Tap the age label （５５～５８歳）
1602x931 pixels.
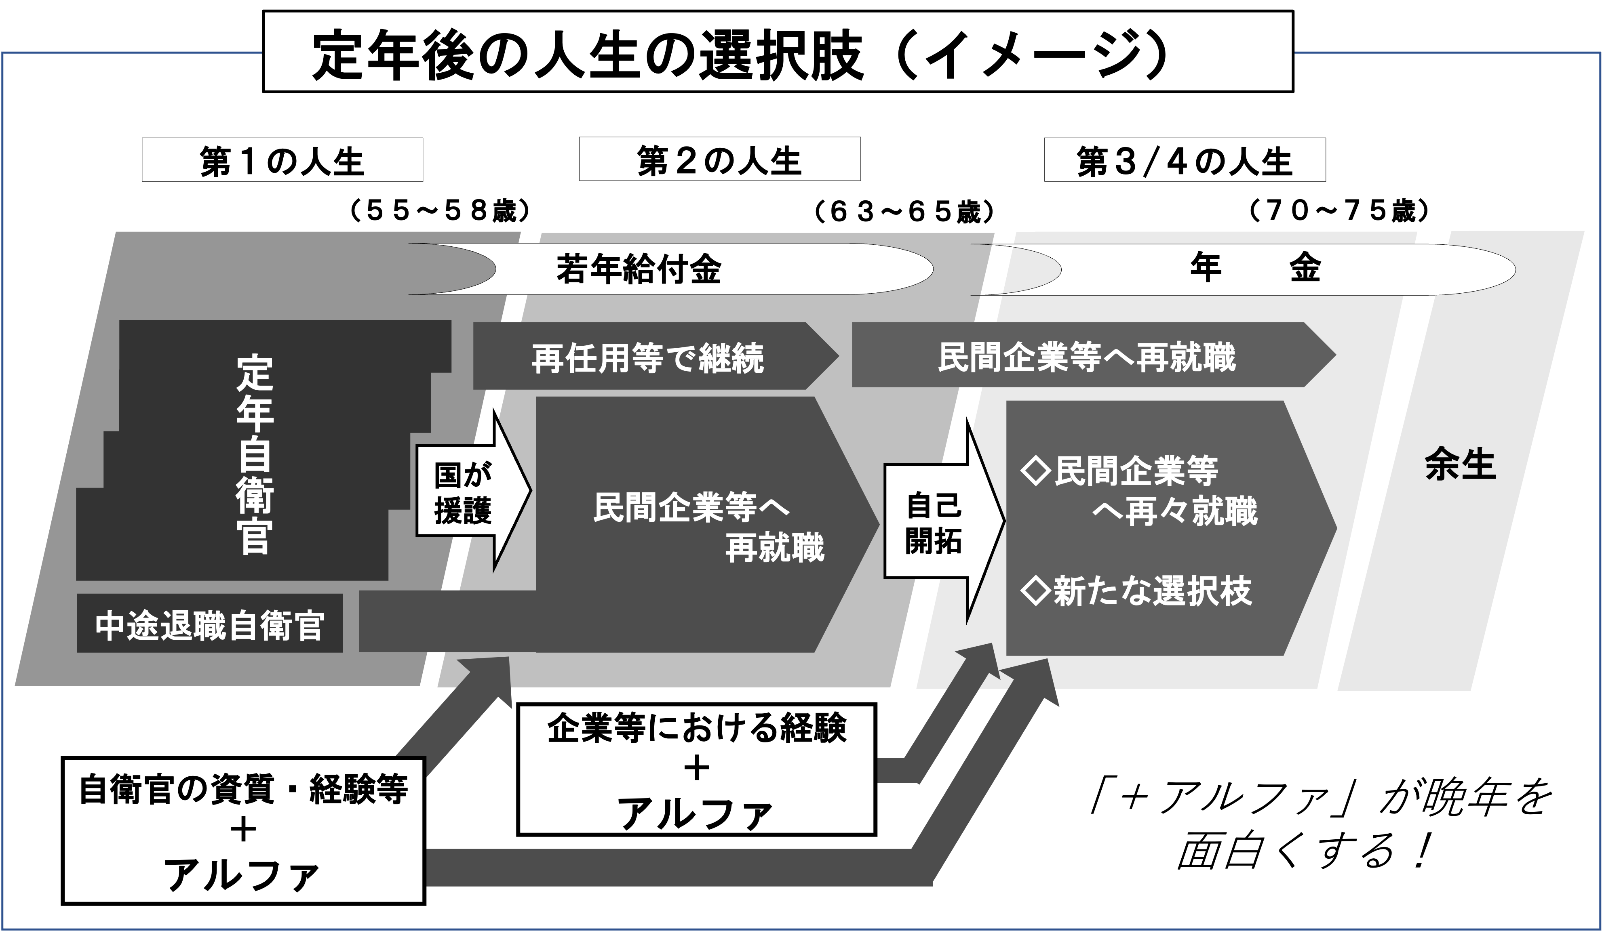point(441,211)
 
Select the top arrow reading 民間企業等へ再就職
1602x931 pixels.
point(1087,357)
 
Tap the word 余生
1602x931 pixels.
point(1460,466)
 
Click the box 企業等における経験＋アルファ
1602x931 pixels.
point(696,769)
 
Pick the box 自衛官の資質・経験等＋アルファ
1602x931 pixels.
point(243,829)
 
